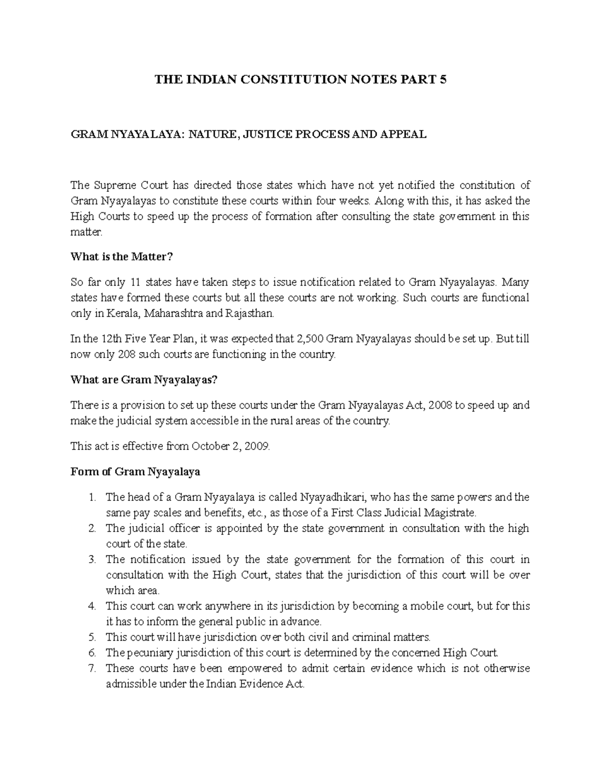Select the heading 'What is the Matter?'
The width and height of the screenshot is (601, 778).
pos(121,257)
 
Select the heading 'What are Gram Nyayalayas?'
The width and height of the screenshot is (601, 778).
pos(144,380)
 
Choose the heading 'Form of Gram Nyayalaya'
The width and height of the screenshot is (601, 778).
pos(135,472)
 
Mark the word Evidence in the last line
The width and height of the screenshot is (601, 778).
pos(261,684)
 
